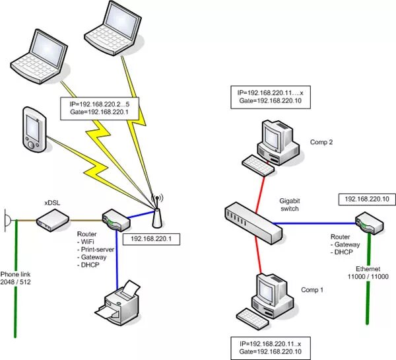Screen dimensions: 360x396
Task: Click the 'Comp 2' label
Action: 321,141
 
